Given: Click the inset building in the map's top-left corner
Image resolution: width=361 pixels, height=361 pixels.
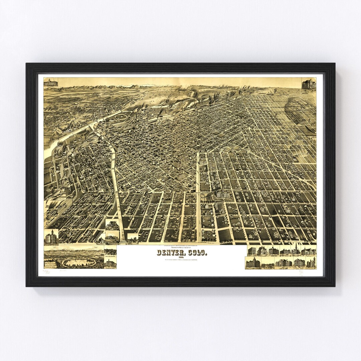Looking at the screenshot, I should [51, 83].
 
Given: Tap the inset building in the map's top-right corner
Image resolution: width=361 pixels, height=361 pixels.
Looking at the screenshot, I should [309, 84].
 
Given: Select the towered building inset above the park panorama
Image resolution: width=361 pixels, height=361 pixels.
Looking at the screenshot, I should [51, 237].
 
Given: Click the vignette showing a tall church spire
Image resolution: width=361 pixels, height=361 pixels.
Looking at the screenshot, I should [295, 250].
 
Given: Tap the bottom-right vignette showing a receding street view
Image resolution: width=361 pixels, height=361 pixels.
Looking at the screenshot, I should [268, 263].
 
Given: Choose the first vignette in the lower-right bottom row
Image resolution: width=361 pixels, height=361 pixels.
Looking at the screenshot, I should [253, 263].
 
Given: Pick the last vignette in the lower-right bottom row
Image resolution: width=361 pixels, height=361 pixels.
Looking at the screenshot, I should [311, 263].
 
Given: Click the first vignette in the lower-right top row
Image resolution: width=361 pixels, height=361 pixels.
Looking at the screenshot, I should [252, 251].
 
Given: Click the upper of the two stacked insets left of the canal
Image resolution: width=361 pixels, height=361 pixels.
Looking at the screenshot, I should [112, 224].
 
